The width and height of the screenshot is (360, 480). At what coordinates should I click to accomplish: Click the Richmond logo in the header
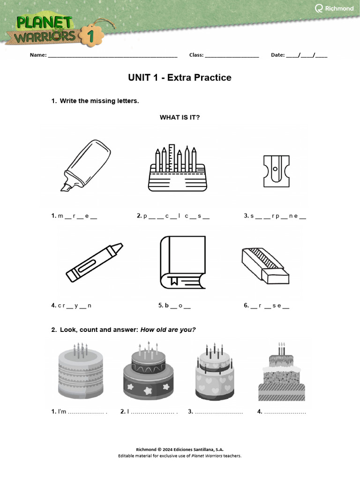point(334,8)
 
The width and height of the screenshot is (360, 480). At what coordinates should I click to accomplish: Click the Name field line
point(112,56)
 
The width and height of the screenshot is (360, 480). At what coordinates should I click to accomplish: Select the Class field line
point(232,56)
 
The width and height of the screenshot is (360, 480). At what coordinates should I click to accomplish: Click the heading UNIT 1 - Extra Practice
point(180,78)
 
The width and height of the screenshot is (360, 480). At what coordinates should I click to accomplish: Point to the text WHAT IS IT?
point(180,117)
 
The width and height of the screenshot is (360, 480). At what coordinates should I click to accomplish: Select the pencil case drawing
point(177,168)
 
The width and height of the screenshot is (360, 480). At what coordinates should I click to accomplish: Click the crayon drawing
point(94,262)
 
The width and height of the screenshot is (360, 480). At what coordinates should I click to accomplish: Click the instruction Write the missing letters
point(99,101)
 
